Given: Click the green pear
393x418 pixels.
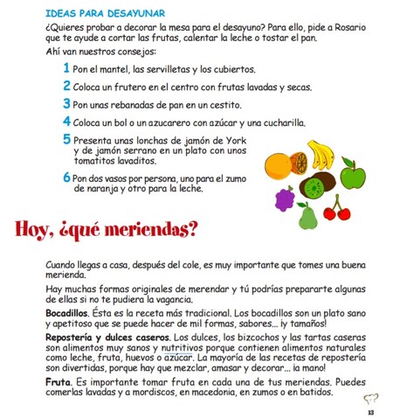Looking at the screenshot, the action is [307, 213].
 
